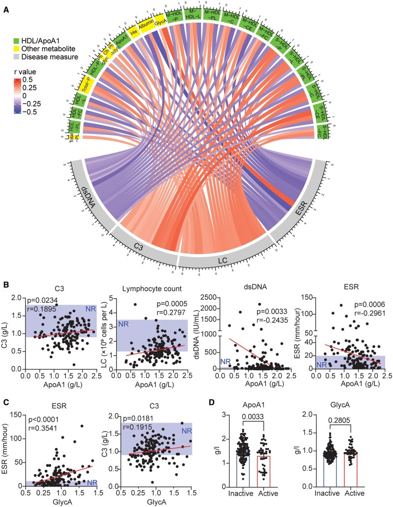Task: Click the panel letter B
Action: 5,285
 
